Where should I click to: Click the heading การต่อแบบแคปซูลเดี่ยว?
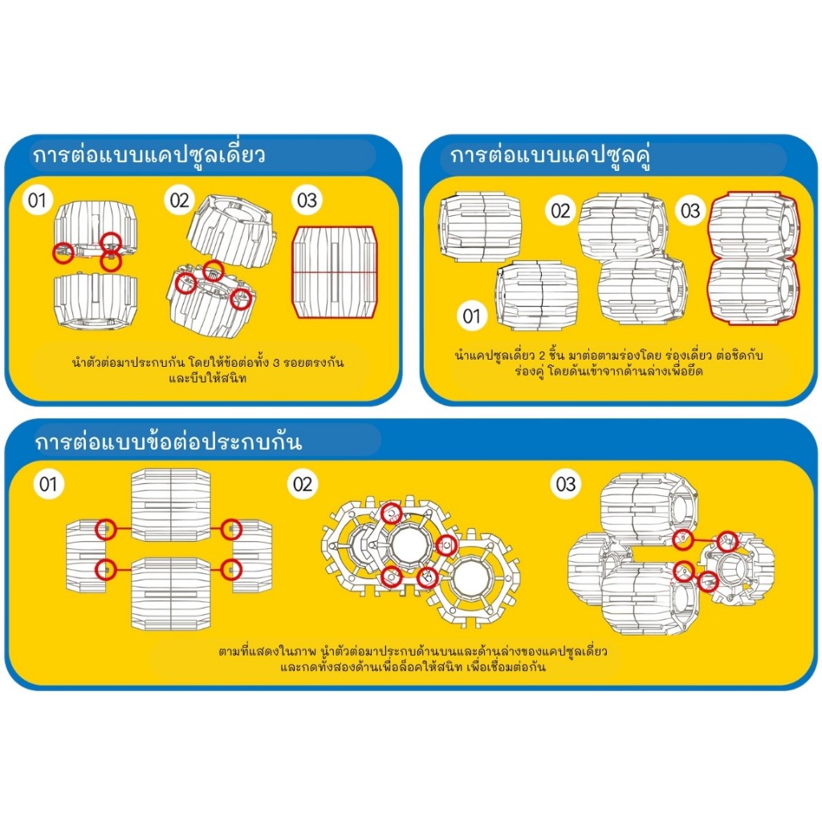pos(149,155)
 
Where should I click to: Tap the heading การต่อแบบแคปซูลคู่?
pos(551,156)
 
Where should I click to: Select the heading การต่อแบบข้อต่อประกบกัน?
pos(169,441)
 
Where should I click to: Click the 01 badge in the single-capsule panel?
pos(37,200)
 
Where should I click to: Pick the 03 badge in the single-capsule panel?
pos(307,200)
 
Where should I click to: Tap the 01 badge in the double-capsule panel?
pos(471,316)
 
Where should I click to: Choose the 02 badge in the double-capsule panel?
pos(560,211)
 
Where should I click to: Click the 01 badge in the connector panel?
pos(48,484)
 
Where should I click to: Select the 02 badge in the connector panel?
pos(303,484)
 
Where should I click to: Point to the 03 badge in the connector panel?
pos(566,484)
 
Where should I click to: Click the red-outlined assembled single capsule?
pos(335,272)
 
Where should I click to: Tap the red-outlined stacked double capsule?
pos(753,258)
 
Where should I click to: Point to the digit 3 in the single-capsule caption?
pos(276,363)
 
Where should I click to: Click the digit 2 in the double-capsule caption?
pos(543,356)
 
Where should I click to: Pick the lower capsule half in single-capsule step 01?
pos(96,302)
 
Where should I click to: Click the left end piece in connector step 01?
pos(86,557)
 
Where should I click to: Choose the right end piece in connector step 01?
pos(251,557)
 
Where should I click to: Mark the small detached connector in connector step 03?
pos(737,569)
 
